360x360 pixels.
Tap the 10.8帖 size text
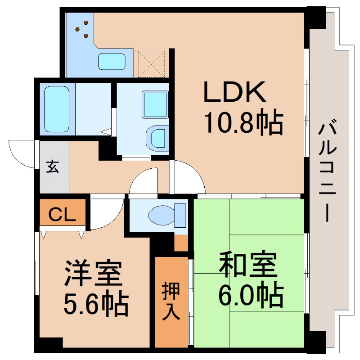243,123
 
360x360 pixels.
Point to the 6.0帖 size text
251,296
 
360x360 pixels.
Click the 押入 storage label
171,302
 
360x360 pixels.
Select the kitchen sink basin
112,62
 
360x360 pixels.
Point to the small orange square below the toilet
181,243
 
